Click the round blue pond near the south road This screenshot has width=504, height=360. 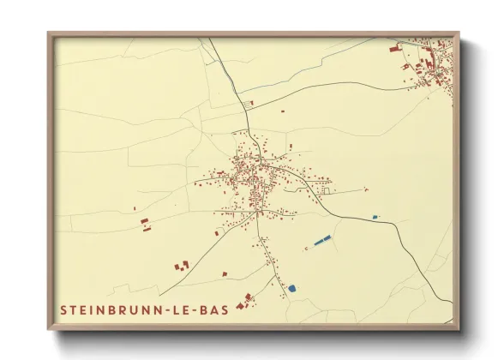click(291, 288)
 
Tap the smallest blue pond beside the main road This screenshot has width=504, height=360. click(375, 217)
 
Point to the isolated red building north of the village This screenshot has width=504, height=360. click(282, 110)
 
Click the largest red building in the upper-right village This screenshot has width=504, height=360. click(395, 50)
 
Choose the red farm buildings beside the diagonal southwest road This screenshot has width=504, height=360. click(183, 265)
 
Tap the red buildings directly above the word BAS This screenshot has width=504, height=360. click(248, 297)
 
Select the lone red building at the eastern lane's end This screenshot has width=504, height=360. click(366, 189)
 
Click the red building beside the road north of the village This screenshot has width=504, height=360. click(249, 103)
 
